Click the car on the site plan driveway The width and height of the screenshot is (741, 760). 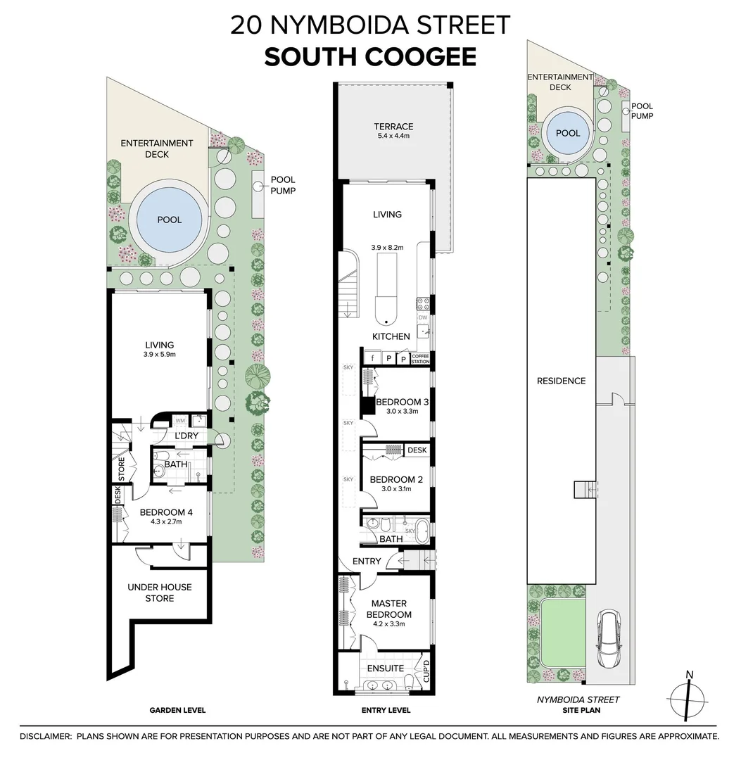609,639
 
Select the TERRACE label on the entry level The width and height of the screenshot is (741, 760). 393,127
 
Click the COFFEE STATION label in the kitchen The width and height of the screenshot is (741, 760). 420,359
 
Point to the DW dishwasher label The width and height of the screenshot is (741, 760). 423,318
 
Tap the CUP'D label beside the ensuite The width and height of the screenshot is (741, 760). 426,671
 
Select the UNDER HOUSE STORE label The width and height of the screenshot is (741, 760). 160,593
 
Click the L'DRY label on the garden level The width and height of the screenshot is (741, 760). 186,436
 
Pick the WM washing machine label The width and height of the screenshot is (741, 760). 180,420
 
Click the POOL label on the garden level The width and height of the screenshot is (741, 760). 170,220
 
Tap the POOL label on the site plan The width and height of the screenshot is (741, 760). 568,133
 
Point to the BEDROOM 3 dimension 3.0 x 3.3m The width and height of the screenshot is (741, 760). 403,411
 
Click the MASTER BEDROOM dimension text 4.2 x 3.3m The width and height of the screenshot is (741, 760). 389,623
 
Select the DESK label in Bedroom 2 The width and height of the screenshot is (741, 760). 417,450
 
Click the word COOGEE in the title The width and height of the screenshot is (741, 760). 419,57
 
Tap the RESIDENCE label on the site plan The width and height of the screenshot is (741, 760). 561,381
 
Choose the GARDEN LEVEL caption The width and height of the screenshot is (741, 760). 177,710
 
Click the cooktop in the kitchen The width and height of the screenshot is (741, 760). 423,304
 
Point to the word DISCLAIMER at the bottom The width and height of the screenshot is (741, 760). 46,736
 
